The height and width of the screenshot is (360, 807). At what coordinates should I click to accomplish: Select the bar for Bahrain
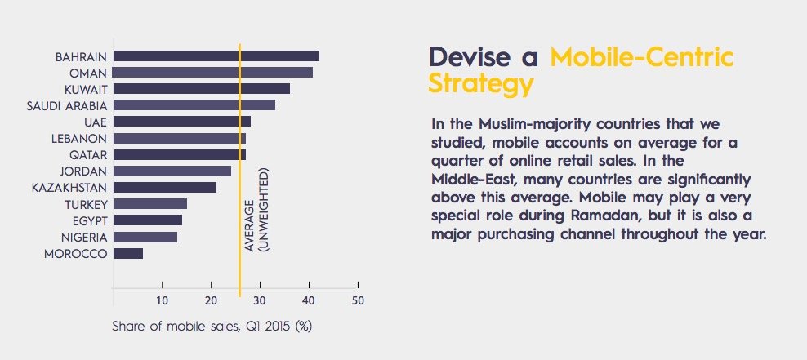pyautogui.click(x=216, y=56)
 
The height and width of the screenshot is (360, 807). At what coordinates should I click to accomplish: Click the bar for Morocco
pyautogui.click(x=128, y=254)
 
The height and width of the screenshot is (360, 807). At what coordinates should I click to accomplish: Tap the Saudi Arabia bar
pyautogui.click(x=194, y=105)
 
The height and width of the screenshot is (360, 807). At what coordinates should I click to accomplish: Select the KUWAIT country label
pyautogui.click(x=87, y=89)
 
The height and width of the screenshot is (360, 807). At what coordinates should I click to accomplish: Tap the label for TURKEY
pyautogui.click(x=85, y=204)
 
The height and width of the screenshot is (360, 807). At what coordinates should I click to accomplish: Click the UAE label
pyautogui.click(x=96, y=122)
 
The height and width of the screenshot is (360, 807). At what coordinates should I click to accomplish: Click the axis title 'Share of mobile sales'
pyautogui.click(x=212, y=327)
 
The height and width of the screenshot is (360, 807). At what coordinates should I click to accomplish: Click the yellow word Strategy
pyautogui.click(x=481, y=84)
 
